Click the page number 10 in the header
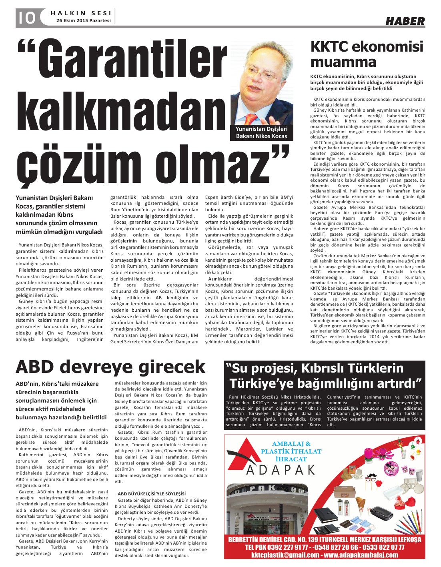point(26,18)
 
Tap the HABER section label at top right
point(405,21)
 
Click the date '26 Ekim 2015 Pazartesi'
point(83,20)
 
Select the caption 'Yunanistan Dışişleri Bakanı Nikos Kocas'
point(261,132)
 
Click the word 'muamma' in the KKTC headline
point(343,62)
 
